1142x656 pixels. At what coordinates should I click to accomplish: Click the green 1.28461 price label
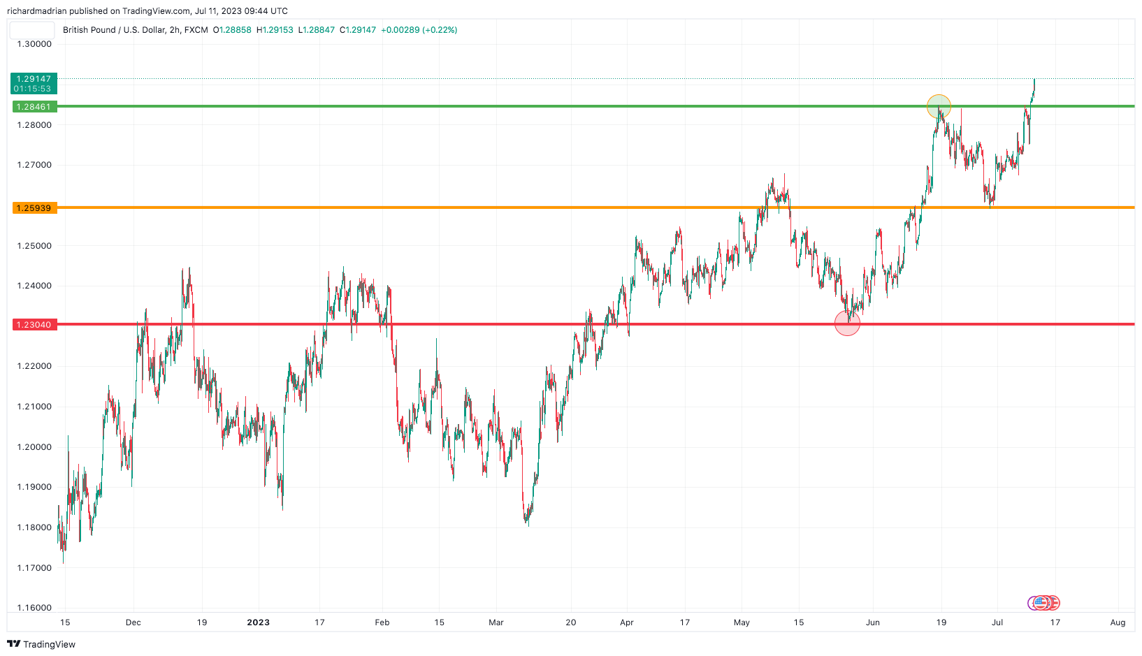(34, 107)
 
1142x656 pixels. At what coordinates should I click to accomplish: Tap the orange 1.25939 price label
(34, 208)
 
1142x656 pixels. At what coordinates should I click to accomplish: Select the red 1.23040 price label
(34, 325)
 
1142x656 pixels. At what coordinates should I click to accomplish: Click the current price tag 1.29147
(34, 79)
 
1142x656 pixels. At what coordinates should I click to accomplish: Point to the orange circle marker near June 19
(939, 107)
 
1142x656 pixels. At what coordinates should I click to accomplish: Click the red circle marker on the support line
(847, 323)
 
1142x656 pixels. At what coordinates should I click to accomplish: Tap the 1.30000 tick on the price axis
(34, 44)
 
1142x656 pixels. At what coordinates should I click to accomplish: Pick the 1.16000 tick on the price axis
(34, 608)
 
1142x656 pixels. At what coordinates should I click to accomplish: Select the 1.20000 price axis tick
(34, 447)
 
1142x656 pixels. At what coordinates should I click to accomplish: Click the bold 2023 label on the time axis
(258, 622)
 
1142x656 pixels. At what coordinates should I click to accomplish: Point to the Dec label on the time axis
(133, 622)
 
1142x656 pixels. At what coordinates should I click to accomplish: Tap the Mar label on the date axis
(496, 622)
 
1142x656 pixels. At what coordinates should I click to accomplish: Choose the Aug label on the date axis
(1118, 622)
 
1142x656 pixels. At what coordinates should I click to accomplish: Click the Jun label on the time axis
(873, 622)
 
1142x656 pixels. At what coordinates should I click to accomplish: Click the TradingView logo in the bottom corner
(41, 644)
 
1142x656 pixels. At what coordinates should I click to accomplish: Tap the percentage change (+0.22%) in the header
(440, 30)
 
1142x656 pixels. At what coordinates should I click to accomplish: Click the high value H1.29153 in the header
(275, 30)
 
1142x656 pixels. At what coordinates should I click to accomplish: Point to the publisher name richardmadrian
(36, 11)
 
